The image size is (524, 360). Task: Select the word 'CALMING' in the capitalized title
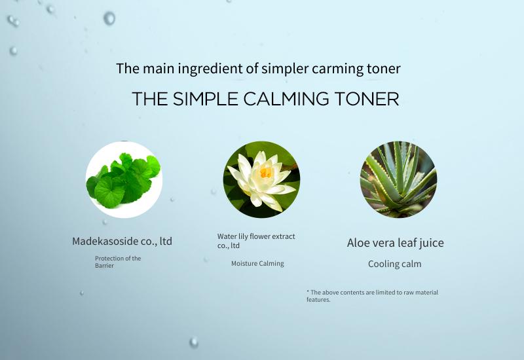point(286,99)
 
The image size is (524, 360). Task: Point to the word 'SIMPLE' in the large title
point(206,99)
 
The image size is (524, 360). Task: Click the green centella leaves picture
point(124,179)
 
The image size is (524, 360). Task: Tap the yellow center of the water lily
point(266,172)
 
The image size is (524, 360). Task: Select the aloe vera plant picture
point(398,179)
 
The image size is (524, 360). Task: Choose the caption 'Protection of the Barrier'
point(118,262)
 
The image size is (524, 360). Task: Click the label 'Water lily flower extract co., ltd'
point(256,241)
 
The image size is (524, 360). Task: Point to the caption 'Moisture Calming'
point(257,264)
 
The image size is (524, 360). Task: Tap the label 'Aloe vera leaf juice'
point(396,243)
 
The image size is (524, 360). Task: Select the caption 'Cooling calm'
point(395,264)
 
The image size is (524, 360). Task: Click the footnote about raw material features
point(372,296)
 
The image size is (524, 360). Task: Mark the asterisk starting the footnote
point(308,291)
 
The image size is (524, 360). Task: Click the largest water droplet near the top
point(109,18)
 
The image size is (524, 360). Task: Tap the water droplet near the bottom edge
point(194,342)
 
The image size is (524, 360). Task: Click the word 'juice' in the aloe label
point(432,243)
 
